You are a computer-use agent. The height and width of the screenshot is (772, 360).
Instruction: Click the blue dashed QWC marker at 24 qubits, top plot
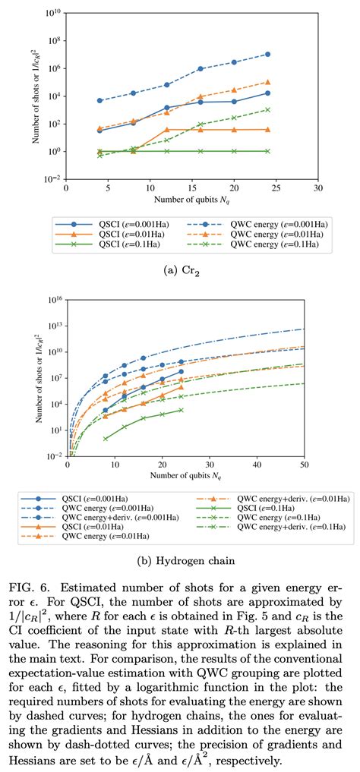268,54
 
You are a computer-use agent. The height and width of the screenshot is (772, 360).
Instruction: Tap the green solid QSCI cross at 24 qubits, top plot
268,151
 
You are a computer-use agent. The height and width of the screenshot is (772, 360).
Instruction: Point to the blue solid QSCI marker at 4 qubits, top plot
100,131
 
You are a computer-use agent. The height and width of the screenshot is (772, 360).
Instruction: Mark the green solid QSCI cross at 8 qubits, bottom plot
106,438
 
